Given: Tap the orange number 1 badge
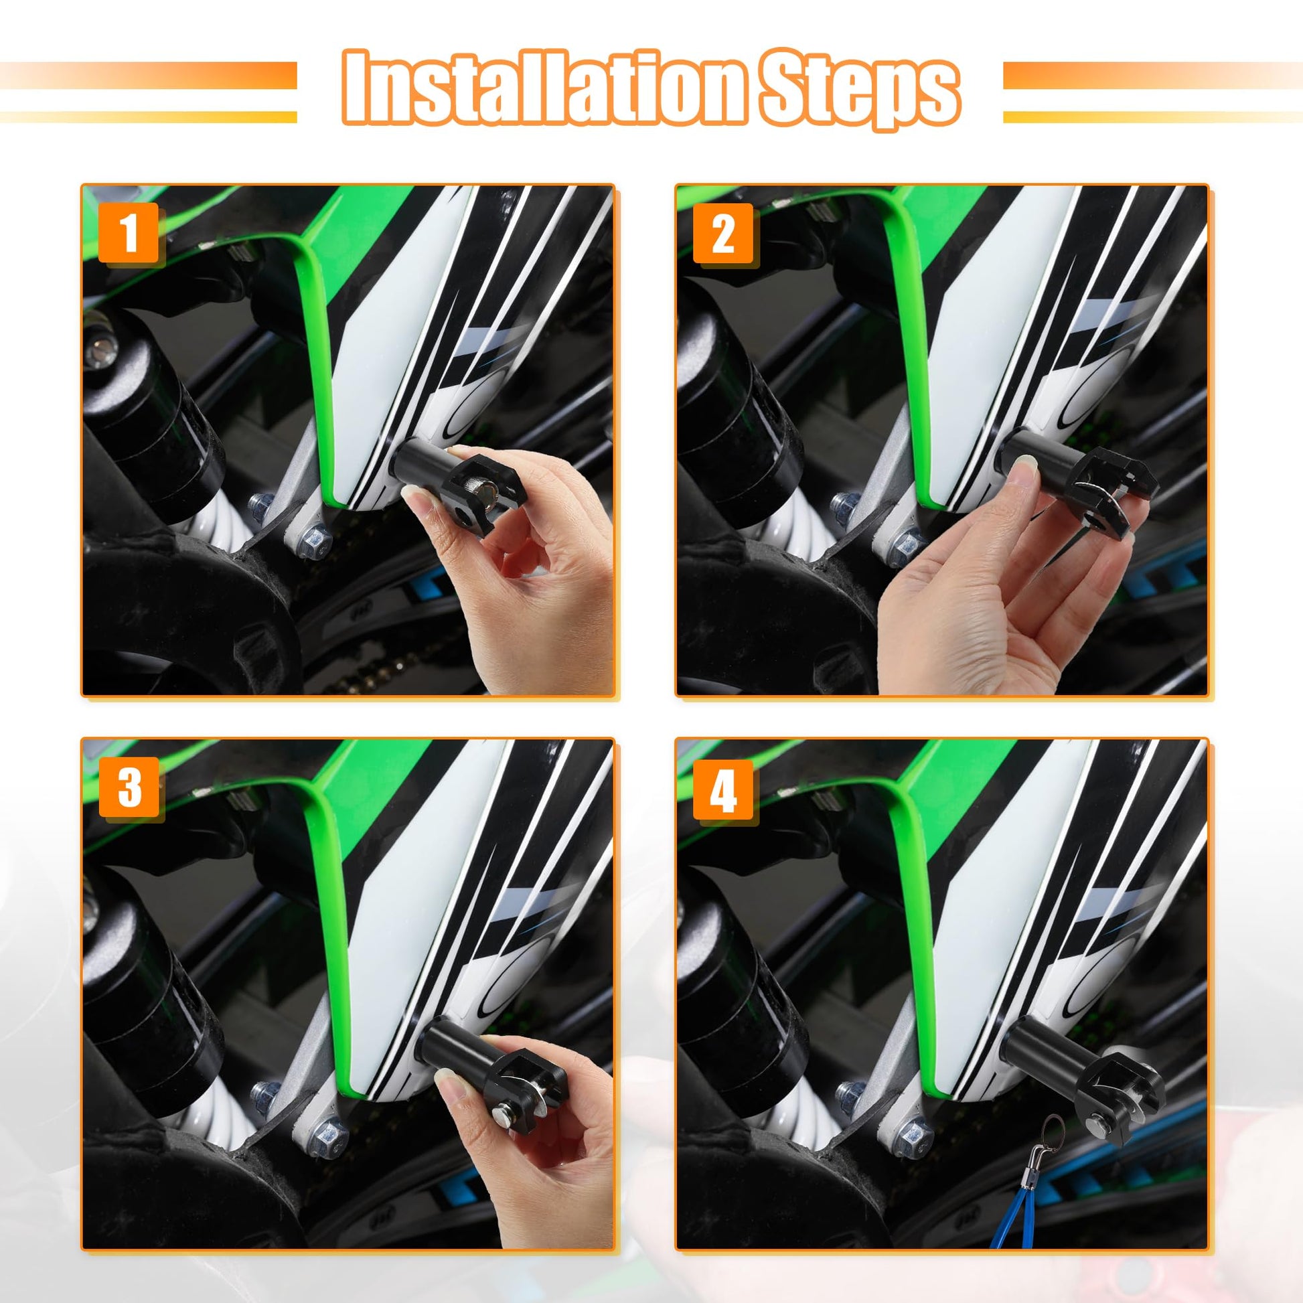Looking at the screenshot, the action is pyautogui.click(x=129, y=232).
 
